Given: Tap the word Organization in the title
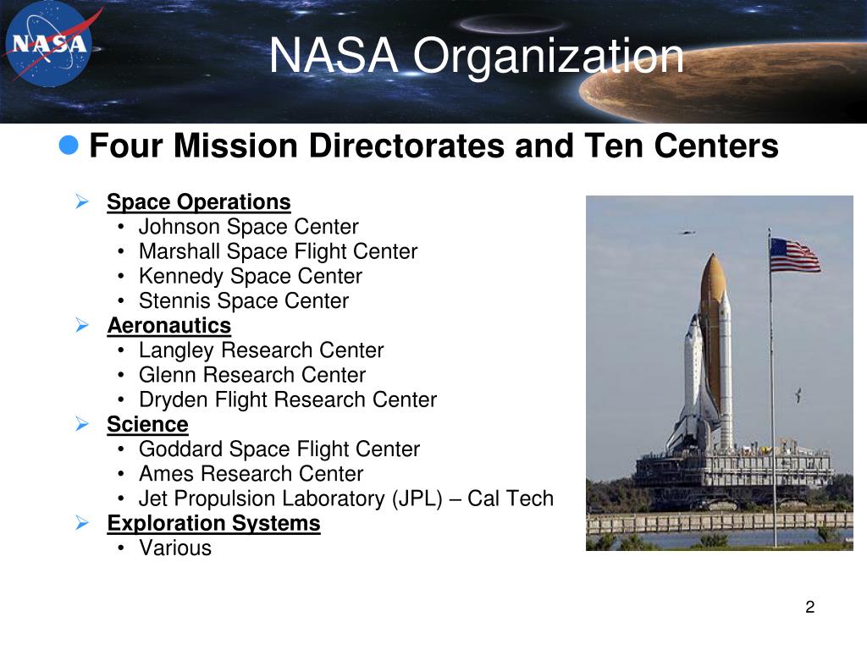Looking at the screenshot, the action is point(549,56).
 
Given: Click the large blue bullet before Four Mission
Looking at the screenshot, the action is point(69,146).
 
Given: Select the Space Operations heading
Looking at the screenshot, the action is point(198,201).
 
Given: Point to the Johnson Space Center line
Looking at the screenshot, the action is point(248,227).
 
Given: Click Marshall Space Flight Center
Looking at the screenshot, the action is point(278,251).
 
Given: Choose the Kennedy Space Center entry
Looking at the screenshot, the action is point(251,276).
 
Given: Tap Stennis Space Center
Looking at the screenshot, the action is point(244,300).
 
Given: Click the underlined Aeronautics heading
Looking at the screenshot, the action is point(169,325).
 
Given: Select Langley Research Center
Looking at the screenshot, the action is point(261,350).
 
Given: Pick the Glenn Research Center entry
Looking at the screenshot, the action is point(252,375).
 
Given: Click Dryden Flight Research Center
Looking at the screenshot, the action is point(288,399).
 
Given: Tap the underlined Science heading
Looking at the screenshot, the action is point(147,424).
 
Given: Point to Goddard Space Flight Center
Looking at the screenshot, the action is point(279,449).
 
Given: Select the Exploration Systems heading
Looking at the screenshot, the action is point(213,523).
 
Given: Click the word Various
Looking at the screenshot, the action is point(175,548).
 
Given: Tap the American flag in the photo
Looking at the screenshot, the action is point(794,255).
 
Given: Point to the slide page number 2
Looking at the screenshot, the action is point(810,607).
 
